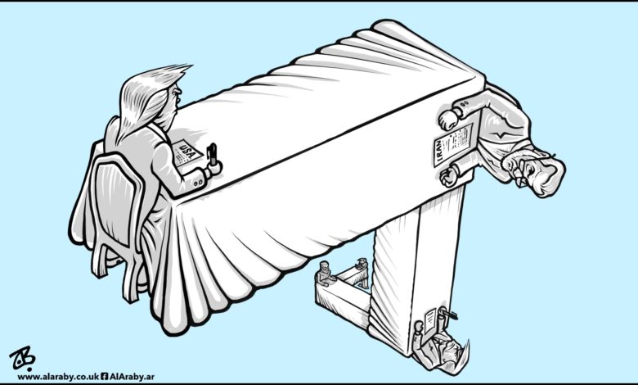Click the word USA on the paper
click(x=187, y=147)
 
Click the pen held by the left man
click(x=212, y=154)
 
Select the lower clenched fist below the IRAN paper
click(x=449, y=177)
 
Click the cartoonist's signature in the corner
click(x=22, y=357)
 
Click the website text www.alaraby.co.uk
click(x=58, y=377)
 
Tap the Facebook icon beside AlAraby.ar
click(x=104, y=377)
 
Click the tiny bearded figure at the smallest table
click(x=325, y=272)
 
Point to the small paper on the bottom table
click(x=429, y=320)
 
